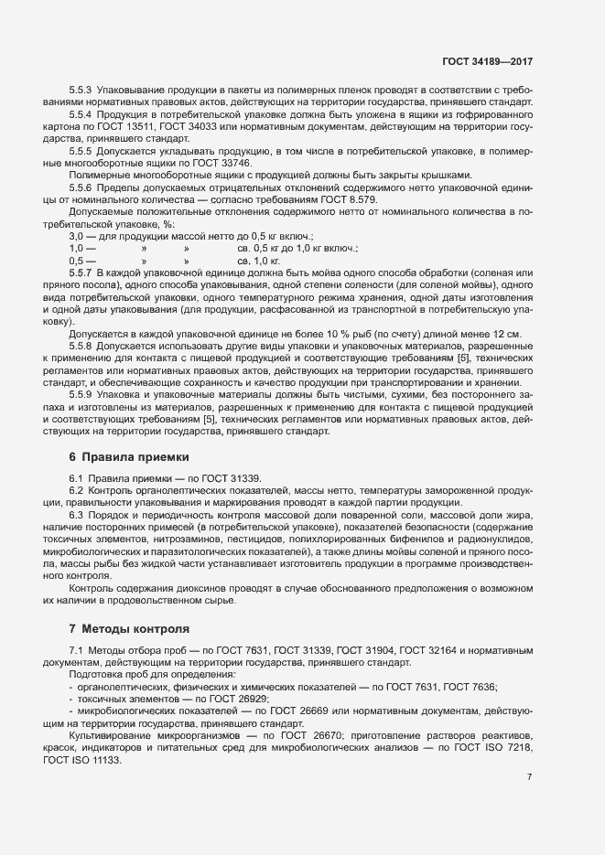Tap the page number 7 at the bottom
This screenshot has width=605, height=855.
pyautogui.click(x=529, y=777)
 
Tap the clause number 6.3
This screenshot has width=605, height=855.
pyautogui.click(x=77, y=518)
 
